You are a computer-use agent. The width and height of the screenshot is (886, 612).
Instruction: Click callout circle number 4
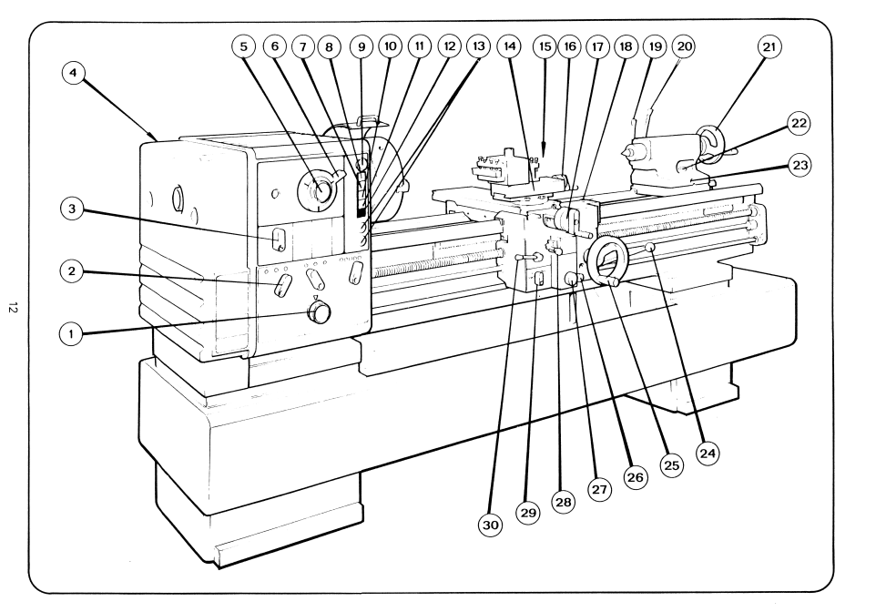(x=74, y=74)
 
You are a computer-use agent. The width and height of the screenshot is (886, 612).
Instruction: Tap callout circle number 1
(x=71, y=334)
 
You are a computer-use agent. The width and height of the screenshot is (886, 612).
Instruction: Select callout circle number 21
(x=769, y=47)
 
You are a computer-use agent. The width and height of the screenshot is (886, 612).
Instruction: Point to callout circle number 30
(x=491, y=525)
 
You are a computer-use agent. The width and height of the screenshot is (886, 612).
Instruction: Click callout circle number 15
(x=545, y=46)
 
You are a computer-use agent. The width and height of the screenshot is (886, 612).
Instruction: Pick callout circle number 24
(x=708, y=454)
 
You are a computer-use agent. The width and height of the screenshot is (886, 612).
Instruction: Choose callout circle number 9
(x=362, y=46)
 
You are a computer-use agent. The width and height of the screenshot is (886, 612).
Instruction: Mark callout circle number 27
(x=599, y=489)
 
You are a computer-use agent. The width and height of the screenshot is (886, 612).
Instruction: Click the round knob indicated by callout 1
(x=320, y=312)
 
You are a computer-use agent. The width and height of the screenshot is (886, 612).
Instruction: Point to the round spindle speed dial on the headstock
(x=318, y=189)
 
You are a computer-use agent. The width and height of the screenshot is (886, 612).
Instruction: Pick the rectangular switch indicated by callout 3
(x=278, y=239)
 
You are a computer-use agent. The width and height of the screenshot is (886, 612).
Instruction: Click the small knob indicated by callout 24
(x=651, y=247)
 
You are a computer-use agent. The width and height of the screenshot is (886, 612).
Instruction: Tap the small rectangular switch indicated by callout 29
(x=538, y=280)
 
